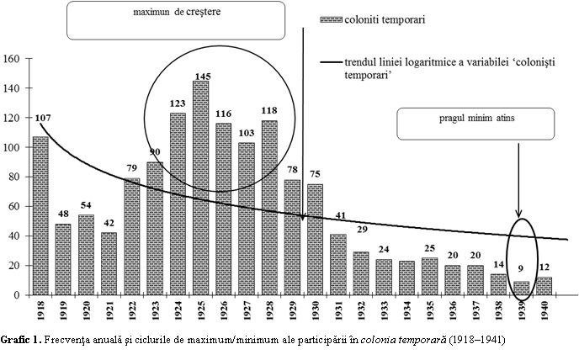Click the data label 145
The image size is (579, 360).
pyautogui.click(x=201, y=75)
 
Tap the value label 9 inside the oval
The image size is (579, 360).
pyautogui.click(x=521, y=272)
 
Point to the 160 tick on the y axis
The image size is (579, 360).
pyautogui.click(x=12, y=59)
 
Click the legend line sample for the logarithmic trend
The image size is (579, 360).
pyautogui.click(x=332, y=61)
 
